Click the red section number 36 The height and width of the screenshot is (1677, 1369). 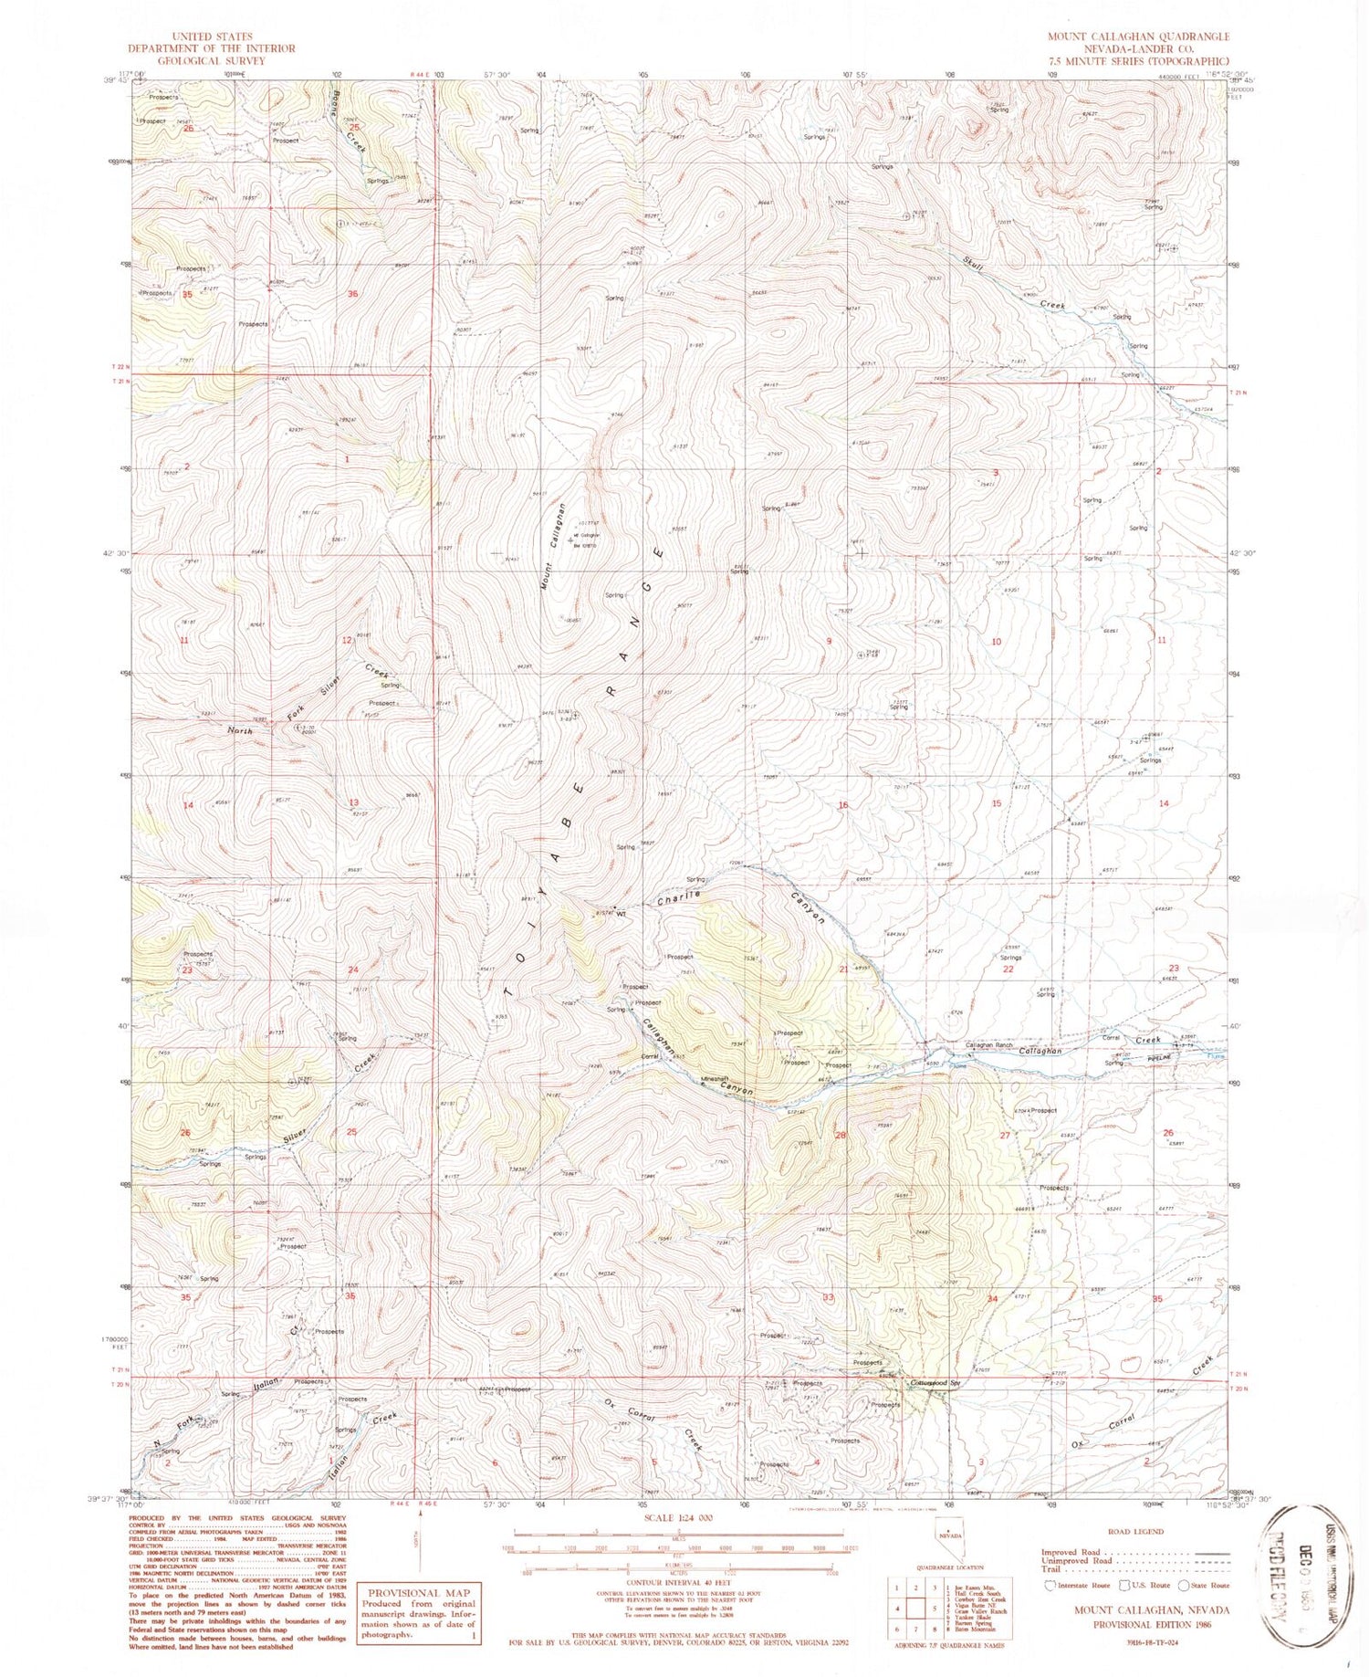coord(353,294)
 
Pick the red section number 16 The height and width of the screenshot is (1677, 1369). coord(843,804)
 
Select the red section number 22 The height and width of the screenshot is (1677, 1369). coord(1008,969)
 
